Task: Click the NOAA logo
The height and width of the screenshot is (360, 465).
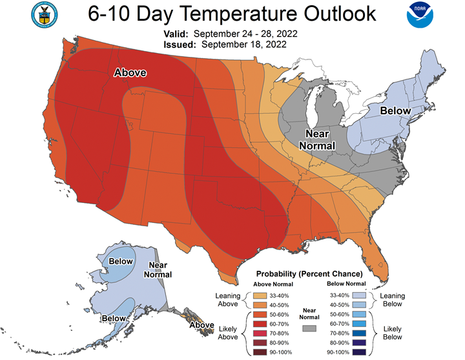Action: tap(420, 15)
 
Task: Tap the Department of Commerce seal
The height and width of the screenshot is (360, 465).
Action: tap(45, 15)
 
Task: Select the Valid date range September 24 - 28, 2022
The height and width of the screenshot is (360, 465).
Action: tap(245, 34)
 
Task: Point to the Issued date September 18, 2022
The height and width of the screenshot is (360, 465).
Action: tap(244, 45)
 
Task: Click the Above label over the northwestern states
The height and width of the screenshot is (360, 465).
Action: tap(130, 73)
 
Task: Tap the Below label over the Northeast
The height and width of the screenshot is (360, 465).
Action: tap(395, 111)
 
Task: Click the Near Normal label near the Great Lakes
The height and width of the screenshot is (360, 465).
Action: tap(317, 140)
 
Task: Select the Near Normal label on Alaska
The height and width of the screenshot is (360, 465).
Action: tap(158, 270)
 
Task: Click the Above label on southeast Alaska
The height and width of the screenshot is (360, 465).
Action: tap(202, 325)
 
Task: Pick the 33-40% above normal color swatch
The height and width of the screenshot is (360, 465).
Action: tap(260, 295)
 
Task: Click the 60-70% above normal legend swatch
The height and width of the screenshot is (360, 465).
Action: tap(260, 324)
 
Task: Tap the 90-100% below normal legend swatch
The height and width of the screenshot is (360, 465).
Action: tap(359, 352)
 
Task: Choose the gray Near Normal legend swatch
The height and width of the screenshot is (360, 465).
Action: tap(309, 328)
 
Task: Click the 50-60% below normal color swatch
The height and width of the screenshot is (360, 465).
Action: tap(359, 314)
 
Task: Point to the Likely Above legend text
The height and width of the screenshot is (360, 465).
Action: tap(228, 333)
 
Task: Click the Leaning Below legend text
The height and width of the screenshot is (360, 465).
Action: tap(393, 300)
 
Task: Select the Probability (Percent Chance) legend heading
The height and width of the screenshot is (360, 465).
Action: tap(309, 274)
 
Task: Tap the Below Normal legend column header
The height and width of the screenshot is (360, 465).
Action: tap(346, 284)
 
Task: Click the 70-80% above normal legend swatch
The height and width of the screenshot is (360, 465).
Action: tap(260, 334)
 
